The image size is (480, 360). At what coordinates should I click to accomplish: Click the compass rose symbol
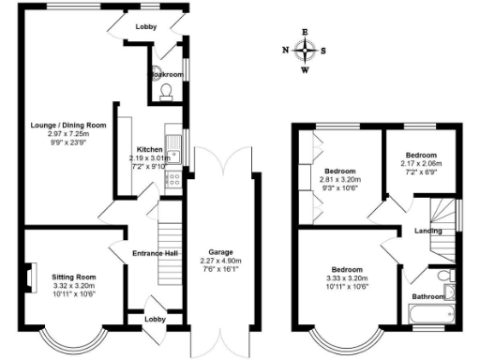pyautogui.click(x=305, y=51)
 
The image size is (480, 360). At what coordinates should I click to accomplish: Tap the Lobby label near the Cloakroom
pyautogui.click(x=145, y=27)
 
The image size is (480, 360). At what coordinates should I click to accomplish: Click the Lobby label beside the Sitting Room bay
pyautogui.click(x=156, y=319)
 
